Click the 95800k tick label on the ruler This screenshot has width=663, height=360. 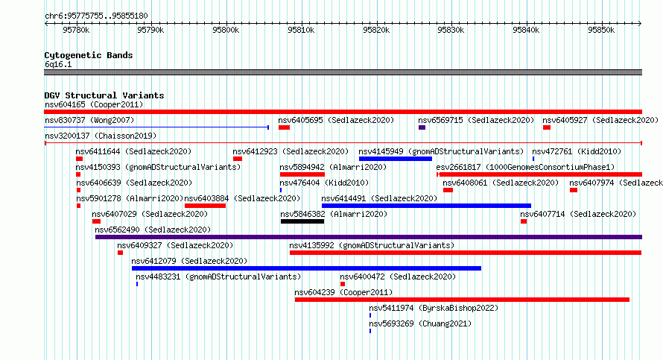(226, 30)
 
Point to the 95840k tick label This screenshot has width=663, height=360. (526, 30)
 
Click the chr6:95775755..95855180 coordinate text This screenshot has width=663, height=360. (96, 16)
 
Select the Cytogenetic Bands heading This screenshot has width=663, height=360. (89, 55)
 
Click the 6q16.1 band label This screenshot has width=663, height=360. (58, 65)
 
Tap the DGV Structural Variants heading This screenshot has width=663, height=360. (104, 95)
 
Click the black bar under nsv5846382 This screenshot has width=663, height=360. (302, 221)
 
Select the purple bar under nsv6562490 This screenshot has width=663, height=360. (369, 237)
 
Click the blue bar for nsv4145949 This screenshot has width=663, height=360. (396, 159)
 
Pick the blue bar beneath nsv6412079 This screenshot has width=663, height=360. (307, 268)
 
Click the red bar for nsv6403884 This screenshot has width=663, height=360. (205, 206)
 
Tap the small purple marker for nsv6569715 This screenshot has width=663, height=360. (422, 127)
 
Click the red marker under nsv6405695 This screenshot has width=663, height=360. (284, 127)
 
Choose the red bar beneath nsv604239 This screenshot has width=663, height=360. (462, 300)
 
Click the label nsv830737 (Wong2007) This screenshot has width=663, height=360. (89, 121)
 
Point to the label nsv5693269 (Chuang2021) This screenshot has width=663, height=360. (420, 324)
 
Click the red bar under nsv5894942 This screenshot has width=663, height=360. (302, 174)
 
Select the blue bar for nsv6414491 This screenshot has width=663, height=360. (426, 206)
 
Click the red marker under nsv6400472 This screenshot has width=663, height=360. (343, 284)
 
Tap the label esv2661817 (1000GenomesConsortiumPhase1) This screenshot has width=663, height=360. (526, 168)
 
